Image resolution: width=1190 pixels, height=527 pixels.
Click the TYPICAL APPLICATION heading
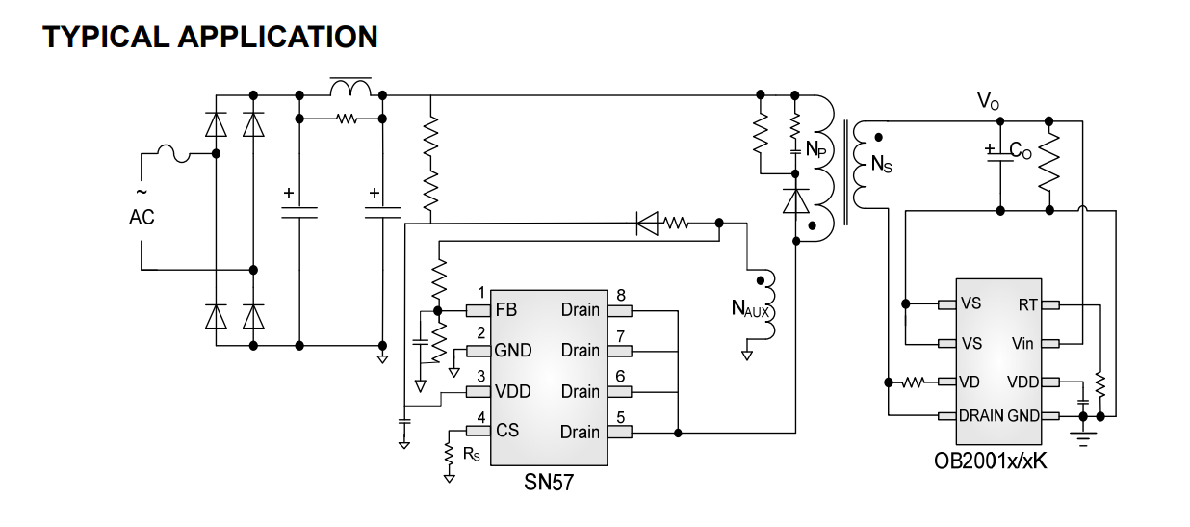click(210, 37)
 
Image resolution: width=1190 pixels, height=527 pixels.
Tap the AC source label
click(142, 217)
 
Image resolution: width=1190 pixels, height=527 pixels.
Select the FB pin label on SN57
click(505, 309)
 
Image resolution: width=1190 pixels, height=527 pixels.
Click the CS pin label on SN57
click(506, 431)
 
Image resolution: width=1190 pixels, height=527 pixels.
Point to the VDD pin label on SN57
click(512, 391)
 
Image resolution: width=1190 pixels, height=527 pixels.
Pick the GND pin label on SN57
click(512, 351)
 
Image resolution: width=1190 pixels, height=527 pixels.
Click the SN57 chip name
click(549, 483)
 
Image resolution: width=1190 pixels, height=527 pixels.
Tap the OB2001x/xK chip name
click(991, 461)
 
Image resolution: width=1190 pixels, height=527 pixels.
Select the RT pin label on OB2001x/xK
click(1027, 304)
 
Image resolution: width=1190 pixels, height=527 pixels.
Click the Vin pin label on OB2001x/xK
click(1022, 344)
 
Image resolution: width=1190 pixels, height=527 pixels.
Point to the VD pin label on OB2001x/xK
click(970, 382)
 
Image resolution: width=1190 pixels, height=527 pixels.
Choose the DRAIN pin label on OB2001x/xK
click(981, 415)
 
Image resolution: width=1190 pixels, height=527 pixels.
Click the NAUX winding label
click(750, 308)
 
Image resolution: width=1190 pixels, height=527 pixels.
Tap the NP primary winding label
click(816, 149)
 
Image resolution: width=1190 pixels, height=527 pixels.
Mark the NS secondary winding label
click(881, 164)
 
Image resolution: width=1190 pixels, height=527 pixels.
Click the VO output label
click(988, 101)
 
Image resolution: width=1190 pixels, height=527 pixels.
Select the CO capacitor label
click(1020, 150)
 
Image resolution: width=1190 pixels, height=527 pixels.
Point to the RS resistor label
click(471, 454)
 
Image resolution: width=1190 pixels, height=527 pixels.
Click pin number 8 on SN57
click(620, 295)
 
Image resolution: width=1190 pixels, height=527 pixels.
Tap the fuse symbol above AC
click(174, 153)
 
